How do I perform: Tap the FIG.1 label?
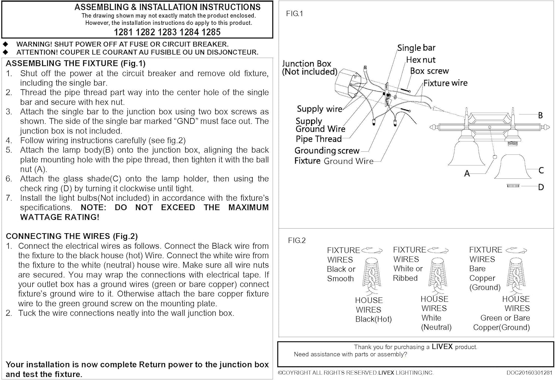(295, 14)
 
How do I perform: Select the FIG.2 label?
(297, 241)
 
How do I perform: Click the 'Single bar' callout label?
(416, 48)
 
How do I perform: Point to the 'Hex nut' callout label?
(421, 60)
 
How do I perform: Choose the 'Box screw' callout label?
(429, 71)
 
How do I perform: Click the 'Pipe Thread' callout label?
(319, 139)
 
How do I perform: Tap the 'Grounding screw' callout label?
(327, 151)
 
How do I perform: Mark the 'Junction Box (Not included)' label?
(309, 68)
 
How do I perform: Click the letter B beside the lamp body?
(540, 115)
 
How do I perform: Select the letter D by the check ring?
(541, 187)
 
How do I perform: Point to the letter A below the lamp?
(467, 173)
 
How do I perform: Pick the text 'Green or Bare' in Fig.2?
(505, 318)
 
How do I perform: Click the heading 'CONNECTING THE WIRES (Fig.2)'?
(72, 236)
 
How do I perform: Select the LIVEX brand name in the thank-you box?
(442, 347)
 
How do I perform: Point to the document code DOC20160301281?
(529, 373)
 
